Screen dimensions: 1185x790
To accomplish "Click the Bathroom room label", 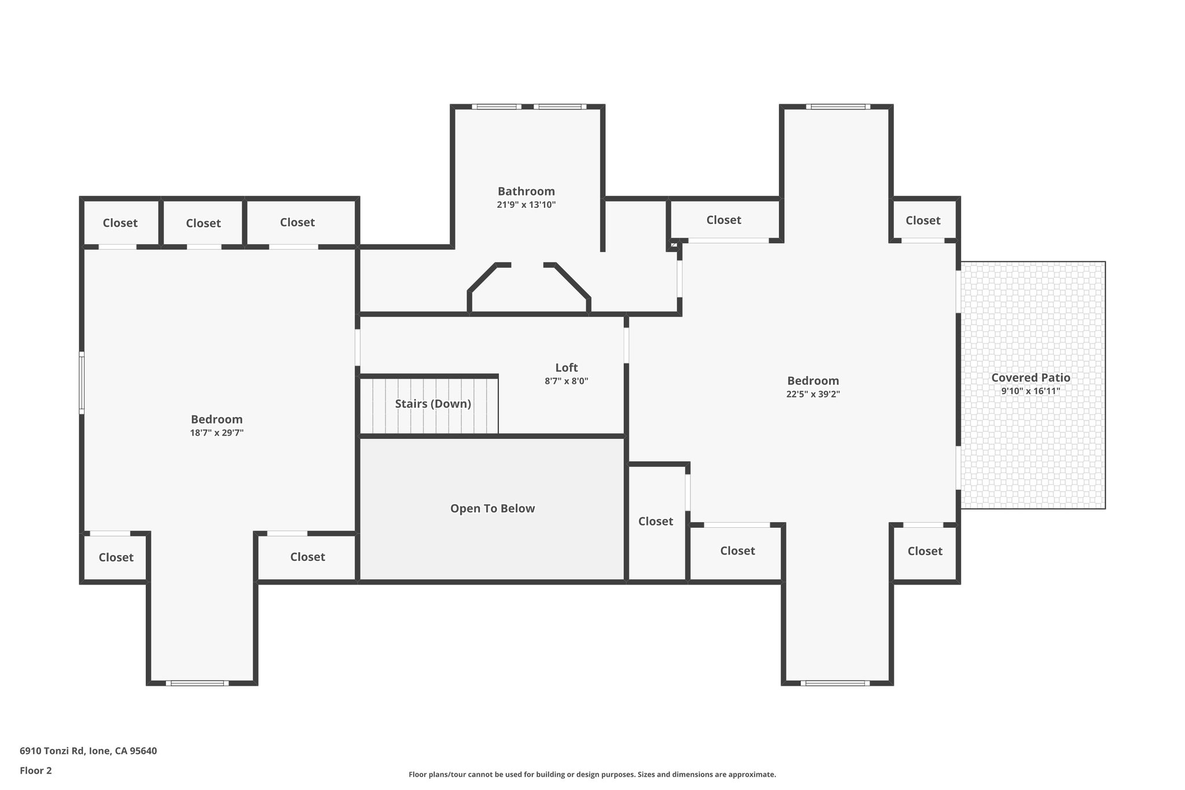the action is pyautogui.click(x=526, y=191).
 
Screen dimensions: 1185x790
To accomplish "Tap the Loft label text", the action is pyautogui.click(x=566, y=368).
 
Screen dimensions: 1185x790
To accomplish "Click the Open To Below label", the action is pyautogui.click(x=492, y=508).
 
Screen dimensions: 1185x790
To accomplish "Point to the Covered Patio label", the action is pyautogui.click(x=1031, y=378).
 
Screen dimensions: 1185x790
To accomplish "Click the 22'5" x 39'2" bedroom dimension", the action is pyautogui.click(x=813, y=394).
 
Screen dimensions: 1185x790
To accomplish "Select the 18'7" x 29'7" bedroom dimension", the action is pyautogui.click(x=217, y=433).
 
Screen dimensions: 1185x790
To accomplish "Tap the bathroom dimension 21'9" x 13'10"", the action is pyautogui.click(x=526, y=205).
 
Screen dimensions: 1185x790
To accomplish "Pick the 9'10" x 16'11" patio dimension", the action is pyautogui.click(x=1031, y=391).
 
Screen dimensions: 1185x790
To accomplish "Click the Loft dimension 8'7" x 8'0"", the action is pyautogui.click(x=566, y=381).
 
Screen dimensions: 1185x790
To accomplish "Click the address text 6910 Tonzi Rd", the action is pyautogui.click(x=53, y=751).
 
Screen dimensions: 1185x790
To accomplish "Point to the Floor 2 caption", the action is pyautogui.click(x=36, y=771).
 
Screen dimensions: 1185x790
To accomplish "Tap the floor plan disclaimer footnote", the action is pyautogui.click(x=592, y=774).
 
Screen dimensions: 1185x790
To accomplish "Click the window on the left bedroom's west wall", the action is pyautogui.click(x=82, y=383).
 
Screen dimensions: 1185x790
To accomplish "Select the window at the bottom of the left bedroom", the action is pyautogui.click(x=197, y=683).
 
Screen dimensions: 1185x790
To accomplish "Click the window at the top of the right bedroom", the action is pyautogui.click(x=838, y=106).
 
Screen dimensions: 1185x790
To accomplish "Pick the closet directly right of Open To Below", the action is pyautogui.click(x=656, y=523).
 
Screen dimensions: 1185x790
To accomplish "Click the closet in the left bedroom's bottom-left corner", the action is pyautogui.click(x=116, y=557).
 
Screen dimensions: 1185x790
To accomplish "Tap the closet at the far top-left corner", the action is pyautogui.click(x=120, y=223).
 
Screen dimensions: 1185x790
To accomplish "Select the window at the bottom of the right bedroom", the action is pyautogui.click(x=835, y=683).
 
